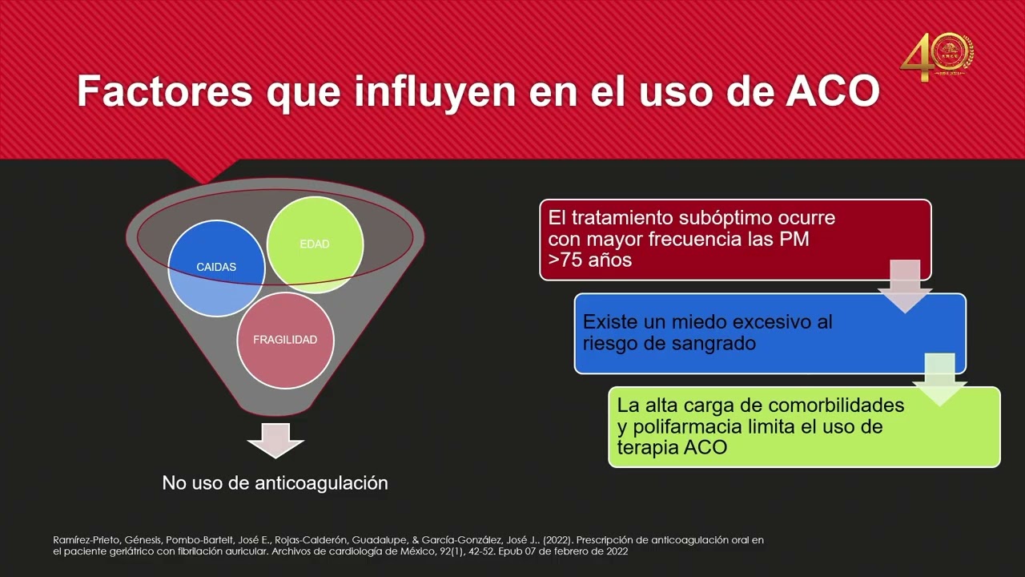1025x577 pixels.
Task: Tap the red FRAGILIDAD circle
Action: (x=285, y=340)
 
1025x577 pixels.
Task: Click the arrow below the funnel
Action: (x=275, y=439)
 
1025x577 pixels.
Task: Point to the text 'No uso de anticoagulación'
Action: (x=275, y=482)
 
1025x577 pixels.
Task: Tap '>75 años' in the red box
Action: (x=590, y=260)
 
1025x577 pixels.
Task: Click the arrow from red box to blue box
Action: (x=905, y=285)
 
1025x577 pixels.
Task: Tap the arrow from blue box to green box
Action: (x=939, y=379)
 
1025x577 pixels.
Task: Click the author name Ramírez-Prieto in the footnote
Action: (x=89, y=540)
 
